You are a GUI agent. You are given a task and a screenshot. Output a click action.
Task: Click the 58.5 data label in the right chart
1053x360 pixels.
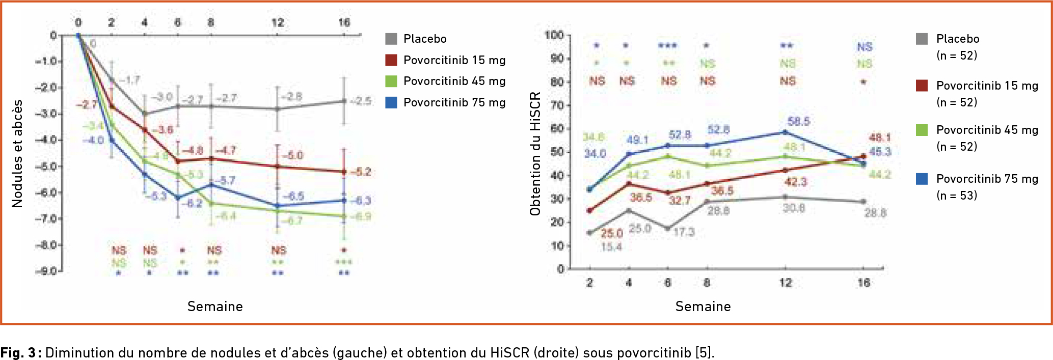[x=798, y=121]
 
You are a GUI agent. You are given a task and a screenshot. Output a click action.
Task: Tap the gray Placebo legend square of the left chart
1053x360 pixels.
[x=391, y=39]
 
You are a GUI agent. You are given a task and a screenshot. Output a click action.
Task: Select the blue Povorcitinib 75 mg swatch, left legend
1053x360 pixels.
[x=391, y=102]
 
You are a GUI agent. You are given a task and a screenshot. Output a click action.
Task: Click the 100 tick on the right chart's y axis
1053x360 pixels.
[x=554, y=35]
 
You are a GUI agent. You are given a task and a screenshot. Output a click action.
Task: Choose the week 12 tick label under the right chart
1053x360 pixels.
[x=786, y=283]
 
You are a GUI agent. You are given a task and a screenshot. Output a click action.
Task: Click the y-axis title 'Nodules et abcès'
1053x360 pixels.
[x=17, y=153]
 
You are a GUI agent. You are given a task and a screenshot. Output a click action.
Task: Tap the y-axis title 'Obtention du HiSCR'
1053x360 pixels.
[x=535, y=153]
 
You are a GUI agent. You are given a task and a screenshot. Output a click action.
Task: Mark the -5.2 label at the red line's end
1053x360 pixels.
[x=361, y=172]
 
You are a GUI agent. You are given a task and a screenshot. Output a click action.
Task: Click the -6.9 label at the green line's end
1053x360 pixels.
[x=361, y=216]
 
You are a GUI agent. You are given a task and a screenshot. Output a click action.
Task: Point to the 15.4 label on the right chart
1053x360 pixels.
[x=611, y=247]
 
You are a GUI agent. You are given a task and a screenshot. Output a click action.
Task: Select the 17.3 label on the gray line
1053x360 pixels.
[x=684, y=232]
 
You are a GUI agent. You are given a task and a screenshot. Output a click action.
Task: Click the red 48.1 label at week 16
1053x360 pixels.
[x=880, y=137]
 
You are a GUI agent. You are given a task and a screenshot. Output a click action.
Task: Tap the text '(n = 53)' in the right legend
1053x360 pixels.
[x=957, y=196]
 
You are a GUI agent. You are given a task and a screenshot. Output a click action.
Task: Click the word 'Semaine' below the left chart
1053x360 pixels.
[x=215, y=307]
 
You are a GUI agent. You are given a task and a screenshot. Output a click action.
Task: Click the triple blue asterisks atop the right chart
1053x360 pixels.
[x=667, y=46]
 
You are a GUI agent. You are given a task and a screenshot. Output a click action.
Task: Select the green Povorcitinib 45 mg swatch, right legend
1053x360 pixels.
[x=922, y=130]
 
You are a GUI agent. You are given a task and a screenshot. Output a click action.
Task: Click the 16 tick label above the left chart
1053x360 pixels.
[x=344, y=22]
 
